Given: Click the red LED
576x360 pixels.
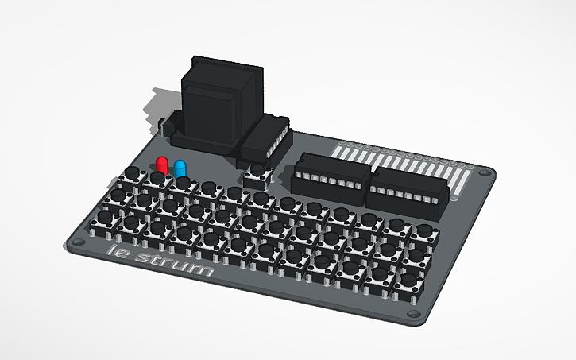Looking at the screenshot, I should point(162,165).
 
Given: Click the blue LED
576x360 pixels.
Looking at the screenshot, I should point(180,168).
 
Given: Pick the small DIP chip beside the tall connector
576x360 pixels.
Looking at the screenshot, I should point(265,138).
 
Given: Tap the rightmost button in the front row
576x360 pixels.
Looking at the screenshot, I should point(408,280).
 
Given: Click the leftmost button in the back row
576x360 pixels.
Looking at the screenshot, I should point(132,176).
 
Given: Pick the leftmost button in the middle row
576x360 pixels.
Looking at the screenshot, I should point(120,196).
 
